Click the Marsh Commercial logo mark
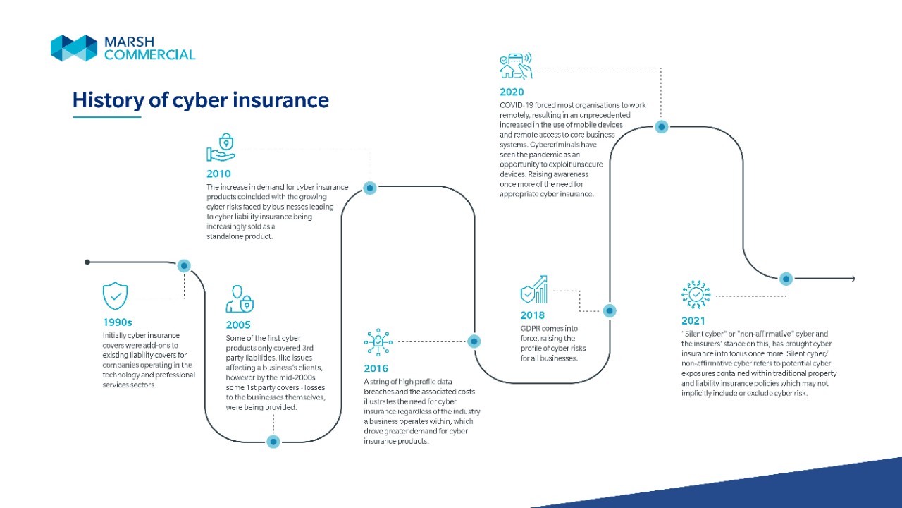coord(74,48)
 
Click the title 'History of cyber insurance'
coord(201,99)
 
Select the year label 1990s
coord(118,322)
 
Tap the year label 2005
coord(238,325)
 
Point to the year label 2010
coord(218,174)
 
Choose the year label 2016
coord(376,368)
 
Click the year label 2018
coord(533,315)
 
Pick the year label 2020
coord(512,92)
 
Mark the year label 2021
coord(693,321)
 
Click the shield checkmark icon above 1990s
coord(116,296)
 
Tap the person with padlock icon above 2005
coord(239,299)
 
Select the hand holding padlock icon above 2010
coord(221,147)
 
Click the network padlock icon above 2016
coord(378,342)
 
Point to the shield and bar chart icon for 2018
coord(533,289)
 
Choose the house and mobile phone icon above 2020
coord(515,66)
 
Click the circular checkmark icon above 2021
coord(696,294)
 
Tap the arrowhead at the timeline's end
coord(853,279)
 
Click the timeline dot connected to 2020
coord(662,127)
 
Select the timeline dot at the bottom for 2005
coord(273,442)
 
